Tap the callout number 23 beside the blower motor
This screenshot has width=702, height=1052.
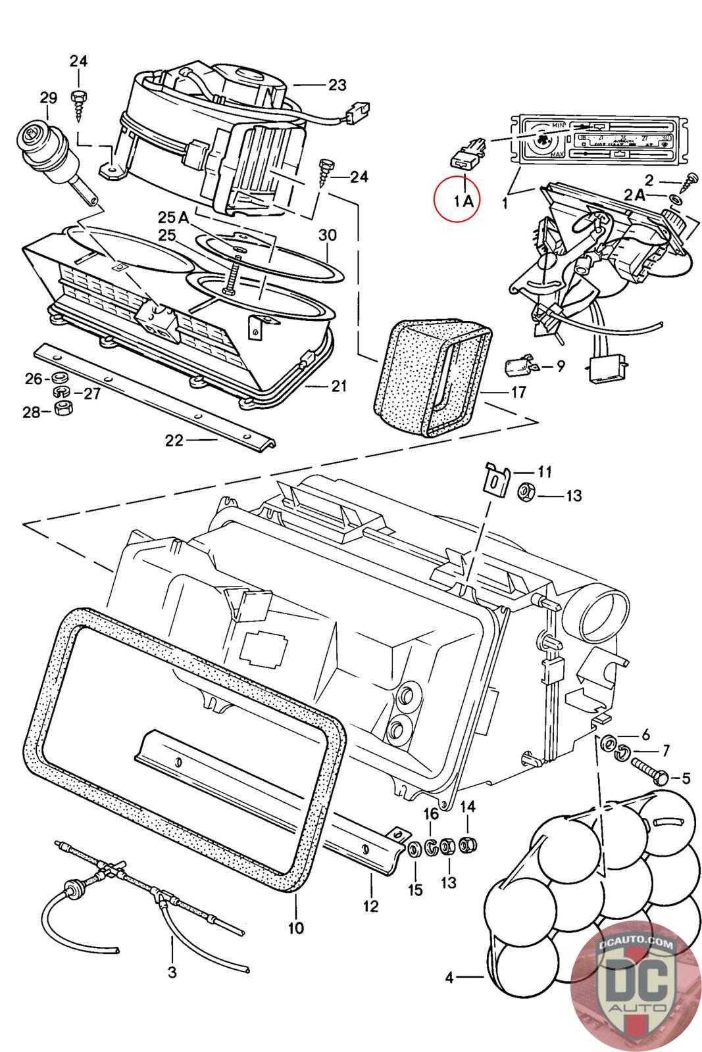coord(337,85)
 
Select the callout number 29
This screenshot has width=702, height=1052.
coord(48,98)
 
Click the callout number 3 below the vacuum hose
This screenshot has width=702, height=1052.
coord(172,971)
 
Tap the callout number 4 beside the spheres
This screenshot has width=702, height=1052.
coord(449,978)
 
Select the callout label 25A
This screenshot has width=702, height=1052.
coord(172,217)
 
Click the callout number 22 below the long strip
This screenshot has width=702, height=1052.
coord(174,441)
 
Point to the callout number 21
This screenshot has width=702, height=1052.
coord(338,386)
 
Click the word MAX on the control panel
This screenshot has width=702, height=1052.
coord(557,155)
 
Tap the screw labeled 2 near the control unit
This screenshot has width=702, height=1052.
coord(691,177)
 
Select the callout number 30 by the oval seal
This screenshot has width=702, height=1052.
coord(327,235)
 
